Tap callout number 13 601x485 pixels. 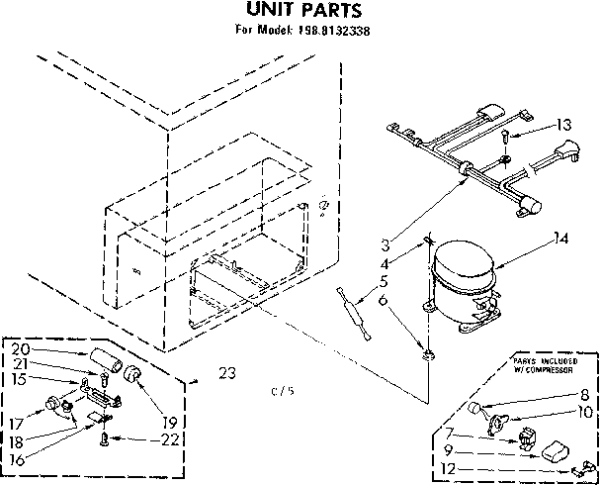tap(563, 125)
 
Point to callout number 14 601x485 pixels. tap(562, 238)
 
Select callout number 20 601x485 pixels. tap(21, 348)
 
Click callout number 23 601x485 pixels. tap(227, 373)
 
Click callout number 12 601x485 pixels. tap(449, 468)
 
